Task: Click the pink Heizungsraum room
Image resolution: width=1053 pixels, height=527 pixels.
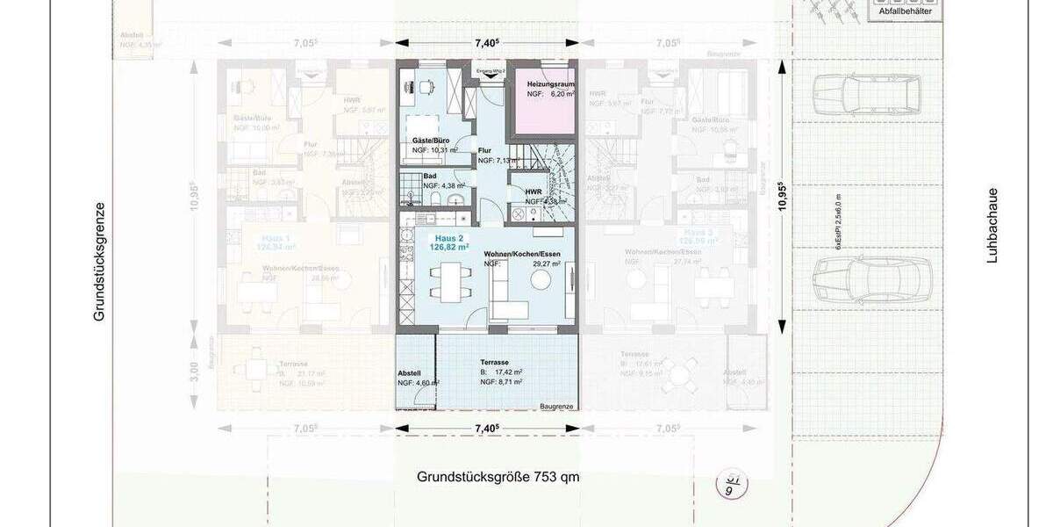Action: pyautogui.click(x=545, y=101)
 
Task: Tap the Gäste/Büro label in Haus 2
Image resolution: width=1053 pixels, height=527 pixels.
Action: pyautogui.click(x=430, y=141)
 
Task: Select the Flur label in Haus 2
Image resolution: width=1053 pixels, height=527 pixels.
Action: pyautogui.click(x=485, y=150)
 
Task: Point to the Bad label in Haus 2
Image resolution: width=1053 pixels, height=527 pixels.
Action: pyautogui.click(x=430, y=176)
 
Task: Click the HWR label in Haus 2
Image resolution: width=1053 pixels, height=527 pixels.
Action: pyautogui.click(x=533, y=191)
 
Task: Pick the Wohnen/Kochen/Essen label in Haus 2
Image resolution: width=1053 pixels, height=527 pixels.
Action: pyautogui.click(x=521, y=254)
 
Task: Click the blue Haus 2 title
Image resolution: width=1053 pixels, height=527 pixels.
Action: pyautogui.click(x=448, y=238)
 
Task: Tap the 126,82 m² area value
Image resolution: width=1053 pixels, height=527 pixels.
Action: pyautogui.click(x=449, y=249)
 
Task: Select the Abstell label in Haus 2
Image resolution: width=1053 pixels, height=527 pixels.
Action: pyautogui.click(x=410, y=373)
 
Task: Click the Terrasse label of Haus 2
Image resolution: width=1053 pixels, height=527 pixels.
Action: pyautogui.click(x=495, y=362)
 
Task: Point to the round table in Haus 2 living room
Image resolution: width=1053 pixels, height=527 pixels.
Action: pyautogui.click(x=536, y=279)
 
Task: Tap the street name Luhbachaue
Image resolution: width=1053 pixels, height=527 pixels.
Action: pyautogui.click(x=992, y=225)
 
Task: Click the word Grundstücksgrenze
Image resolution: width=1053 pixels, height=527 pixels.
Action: pyautogui.click(x=100, y=261)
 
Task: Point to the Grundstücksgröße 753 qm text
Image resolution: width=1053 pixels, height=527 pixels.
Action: pyautogui.click(x=498, y=478)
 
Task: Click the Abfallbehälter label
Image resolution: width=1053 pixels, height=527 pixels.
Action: pyautogui.click(x=906, y=11)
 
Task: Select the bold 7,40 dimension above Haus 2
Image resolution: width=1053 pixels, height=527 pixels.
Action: pyautogui.click(x=487, y=42)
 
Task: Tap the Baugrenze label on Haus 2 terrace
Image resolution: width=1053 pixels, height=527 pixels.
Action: pyautogui.click(x=556, y=406)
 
